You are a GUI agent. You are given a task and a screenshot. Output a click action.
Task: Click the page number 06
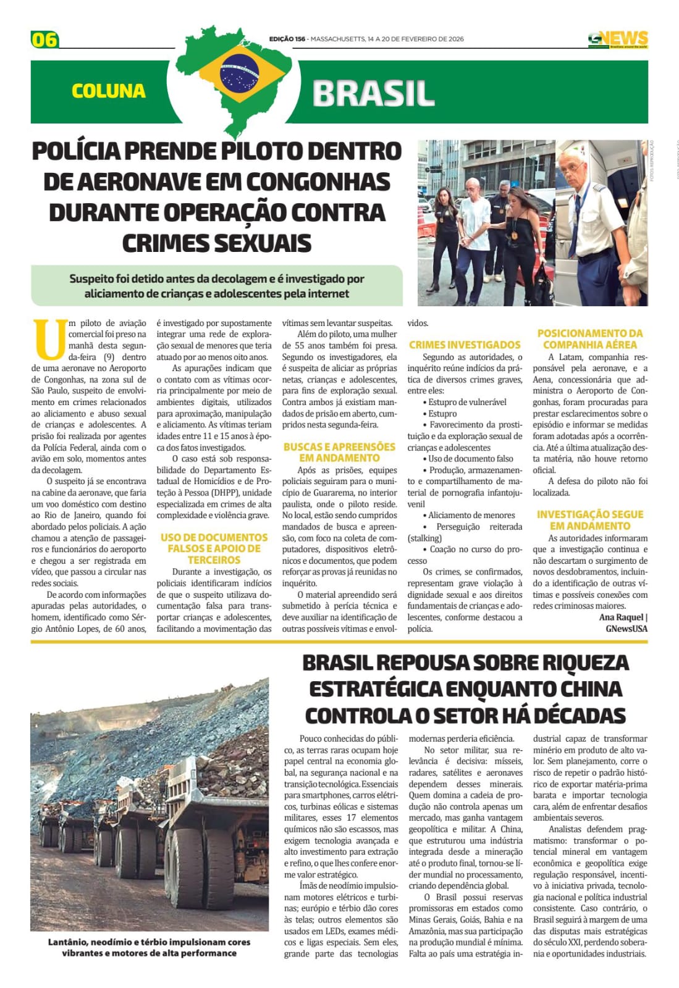coord(44,40)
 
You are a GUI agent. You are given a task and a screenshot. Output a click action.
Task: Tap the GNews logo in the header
coord(617,39)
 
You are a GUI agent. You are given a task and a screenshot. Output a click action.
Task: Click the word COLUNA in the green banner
coord(109,91)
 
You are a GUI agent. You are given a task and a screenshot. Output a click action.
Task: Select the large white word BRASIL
coord(373,93)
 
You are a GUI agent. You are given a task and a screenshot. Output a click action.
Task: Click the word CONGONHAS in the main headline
coord(318,182)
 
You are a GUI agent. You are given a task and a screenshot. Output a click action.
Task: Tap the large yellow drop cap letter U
coord(49,339)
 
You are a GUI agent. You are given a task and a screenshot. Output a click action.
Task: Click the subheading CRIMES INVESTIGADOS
coord(465,345)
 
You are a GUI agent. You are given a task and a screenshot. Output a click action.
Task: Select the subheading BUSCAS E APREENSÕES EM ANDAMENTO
coord(339,452)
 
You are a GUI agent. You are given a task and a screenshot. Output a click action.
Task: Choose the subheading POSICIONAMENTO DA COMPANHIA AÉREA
coord(589,339)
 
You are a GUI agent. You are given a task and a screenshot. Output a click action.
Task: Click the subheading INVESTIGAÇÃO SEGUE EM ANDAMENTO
coord(589,520)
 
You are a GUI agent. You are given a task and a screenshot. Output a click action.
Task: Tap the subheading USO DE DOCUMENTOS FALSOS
coord(214,548)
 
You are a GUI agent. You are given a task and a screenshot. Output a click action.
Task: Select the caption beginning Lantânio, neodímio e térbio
coord(150,947)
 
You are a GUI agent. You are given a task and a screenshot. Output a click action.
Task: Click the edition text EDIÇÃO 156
coord(287,39)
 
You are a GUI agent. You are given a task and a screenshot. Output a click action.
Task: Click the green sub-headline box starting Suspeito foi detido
coord(217,286)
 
